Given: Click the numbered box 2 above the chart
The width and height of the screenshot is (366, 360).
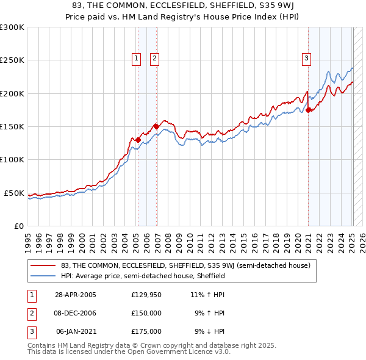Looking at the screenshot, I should (154, 59).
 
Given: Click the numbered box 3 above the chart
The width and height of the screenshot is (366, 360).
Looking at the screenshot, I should (306, 59).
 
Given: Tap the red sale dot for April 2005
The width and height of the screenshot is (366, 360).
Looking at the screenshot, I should (138, 140).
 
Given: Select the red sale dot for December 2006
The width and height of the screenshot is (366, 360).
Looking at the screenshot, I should (156, 126).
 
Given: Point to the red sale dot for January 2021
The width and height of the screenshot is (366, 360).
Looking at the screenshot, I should (309, 110).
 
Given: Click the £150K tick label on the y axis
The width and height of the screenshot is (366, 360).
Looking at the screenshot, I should (12, 126).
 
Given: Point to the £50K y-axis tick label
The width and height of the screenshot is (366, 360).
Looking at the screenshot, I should (14, 193).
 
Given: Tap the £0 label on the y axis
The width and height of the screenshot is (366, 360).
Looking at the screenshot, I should (19, 226).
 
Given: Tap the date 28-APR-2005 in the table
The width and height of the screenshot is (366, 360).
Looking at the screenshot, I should (76, 295).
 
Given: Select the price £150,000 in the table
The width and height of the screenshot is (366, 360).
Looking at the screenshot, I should (146, 313).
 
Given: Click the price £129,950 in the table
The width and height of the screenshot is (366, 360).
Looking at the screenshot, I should (146, 295).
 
